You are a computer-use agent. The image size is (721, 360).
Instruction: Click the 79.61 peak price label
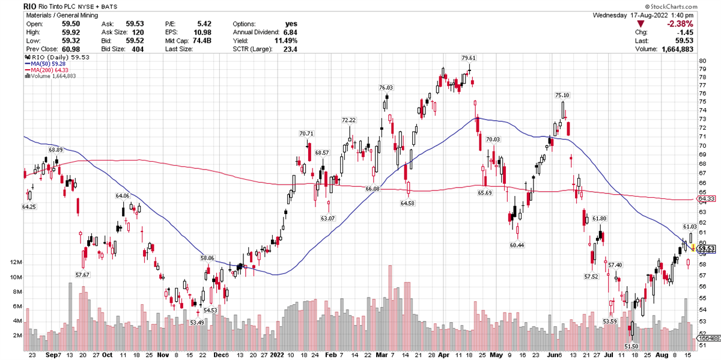[469, 58]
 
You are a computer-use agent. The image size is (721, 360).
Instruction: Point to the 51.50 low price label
[631, 347]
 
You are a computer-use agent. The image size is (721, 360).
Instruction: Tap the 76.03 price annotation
[385, 88]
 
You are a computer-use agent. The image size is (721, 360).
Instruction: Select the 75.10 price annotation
[562, 95]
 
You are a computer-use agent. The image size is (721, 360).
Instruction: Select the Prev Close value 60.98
[70, 48]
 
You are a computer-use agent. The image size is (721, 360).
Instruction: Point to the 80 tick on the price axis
[701, 61]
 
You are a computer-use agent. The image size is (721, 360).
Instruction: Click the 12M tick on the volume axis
[13, 263]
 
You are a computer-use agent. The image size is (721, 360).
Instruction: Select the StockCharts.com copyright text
[686, 6]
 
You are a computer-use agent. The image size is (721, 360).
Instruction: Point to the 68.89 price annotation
[56, 150]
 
